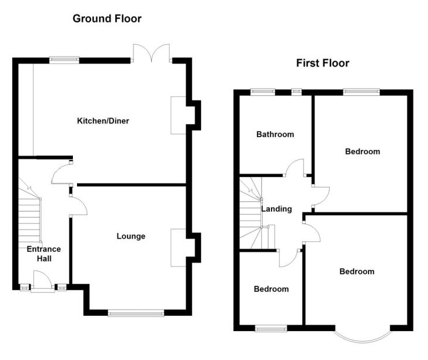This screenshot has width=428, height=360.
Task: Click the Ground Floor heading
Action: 106,19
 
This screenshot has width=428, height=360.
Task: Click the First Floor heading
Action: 322,63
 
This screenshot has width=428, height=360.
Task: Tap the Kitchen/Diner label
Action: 103,121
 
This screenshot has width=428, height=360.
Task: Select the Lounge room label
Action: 131,236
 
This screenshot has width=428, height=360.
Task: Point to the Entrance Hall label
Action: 44,254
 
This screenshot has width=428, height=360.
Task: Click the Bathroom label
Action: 275,134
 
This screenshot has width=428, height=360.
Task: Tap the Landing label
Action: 276,209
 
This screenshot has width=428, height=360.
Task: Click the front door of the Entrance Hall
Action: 42,281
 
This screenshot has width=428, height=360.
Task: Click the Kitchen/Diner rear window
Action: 63,58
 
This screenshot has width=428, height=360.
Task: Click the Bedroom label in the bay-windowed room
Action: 356,272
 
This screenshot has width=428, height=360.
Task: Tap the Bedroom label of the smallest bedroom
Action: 271,289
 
